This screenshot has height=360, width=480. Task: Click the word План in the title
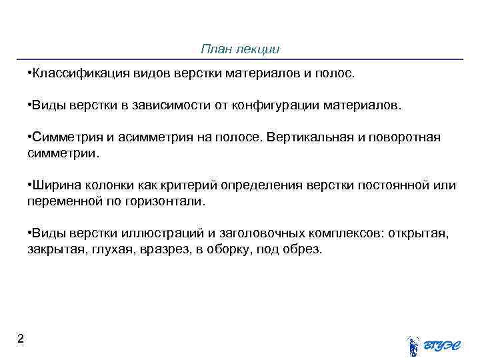214,49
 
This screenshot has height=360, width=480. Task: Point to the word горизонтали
169,201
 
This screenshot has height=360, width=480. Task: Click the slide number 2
21,339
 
